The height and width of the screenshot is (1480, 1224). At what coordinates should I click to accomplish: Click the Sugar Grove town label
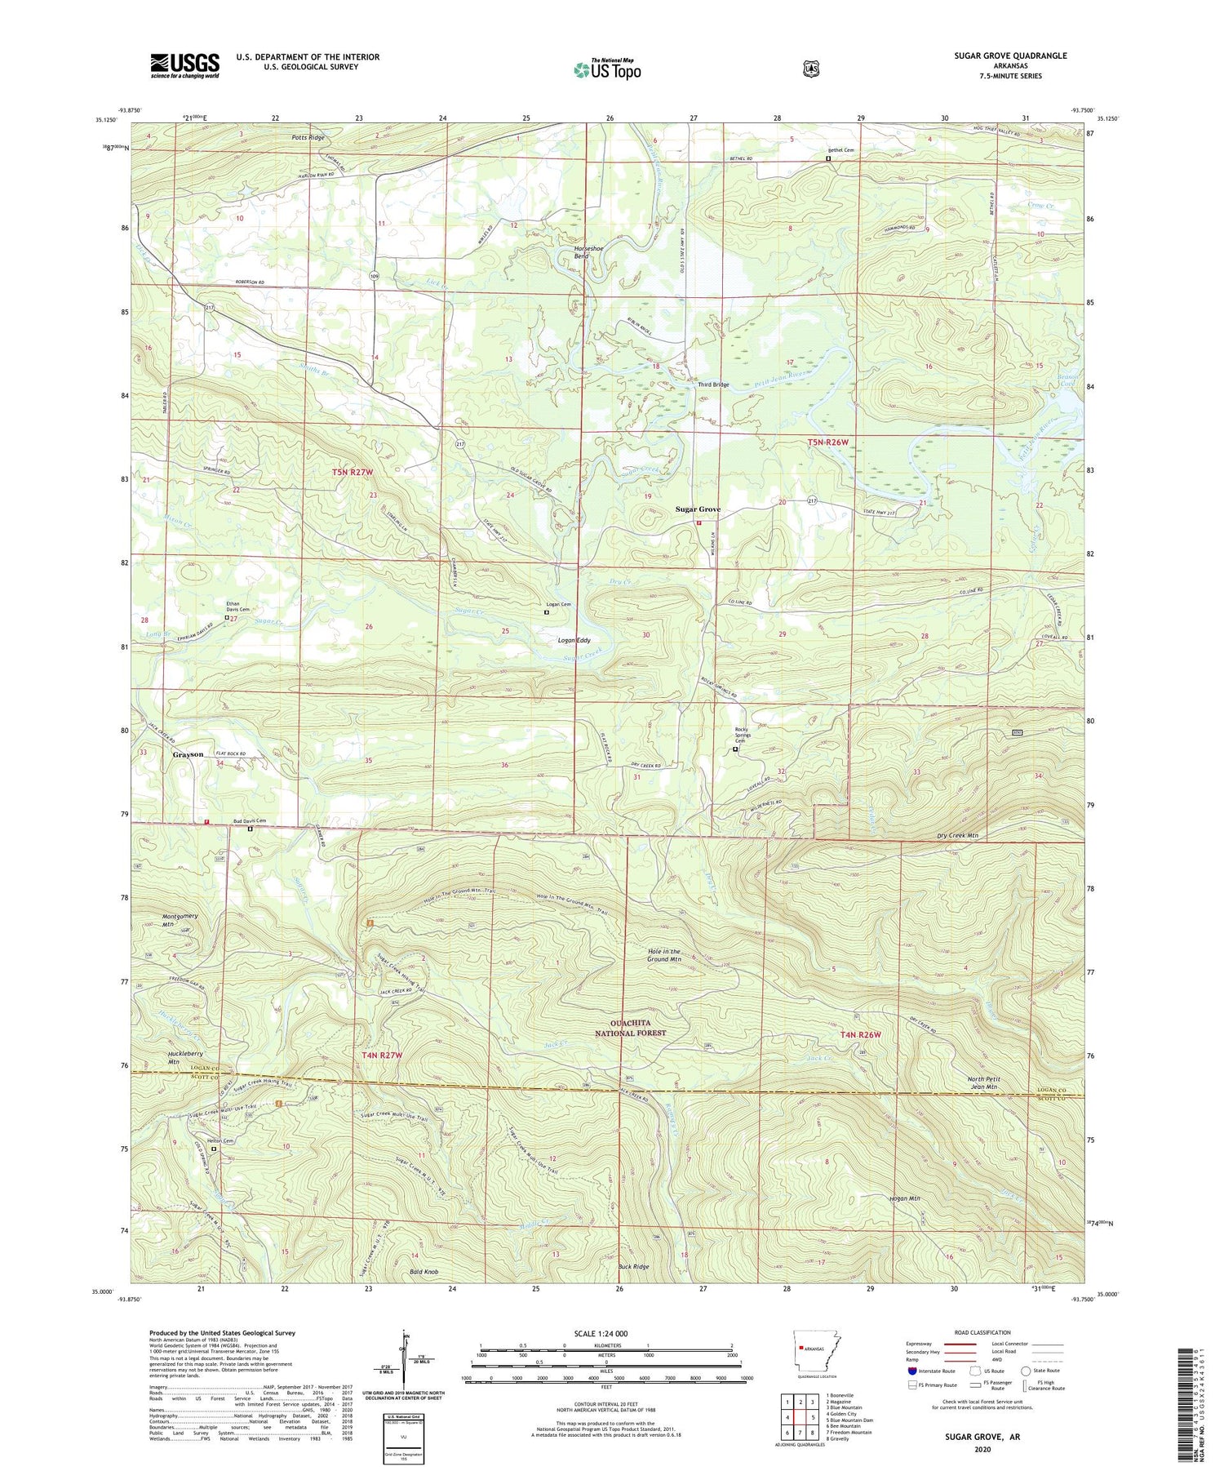pos(698,509)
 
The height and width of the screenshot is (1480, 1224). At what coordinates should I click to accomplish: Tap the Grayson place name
pos(188,754)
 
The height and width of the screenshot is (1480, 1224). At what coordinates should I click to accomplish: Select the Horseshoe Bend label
pos(580,251)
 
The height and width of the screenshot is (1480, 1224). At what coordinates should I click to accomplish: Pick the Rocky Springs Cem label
pos(742,735)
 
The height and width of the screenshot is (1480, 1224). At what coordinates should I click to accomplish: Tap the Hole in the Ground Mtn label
pos(663,955)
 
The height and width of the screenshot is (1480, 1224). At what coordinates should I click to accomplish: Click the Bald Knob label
pos(424,1272)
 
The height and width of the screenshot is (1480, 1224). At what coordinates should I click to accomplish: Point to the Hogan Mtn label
pos(904,1198)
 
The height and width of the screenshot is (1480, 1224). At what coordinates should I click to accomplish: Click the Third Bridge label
pos(713,384)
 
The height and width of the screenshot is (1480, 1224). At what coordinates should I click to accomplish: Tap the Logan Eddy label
pos(574,641)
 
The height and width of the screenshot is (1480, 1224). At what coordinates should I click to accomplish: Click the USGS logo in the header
pos(184,64)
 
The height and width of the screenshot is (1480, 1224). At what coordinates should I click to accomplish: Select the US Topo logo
pos(607,69)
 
